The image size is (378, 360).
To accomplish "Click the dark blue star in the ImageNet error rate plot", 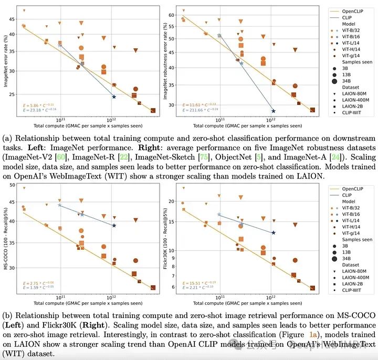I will (x=113, y=97).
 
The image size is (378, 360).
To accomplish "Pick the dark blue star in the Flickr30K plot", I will (x=273, y=232).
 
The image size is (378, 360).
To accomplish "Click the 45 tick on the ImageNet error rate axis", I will (x=13, y=19).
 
